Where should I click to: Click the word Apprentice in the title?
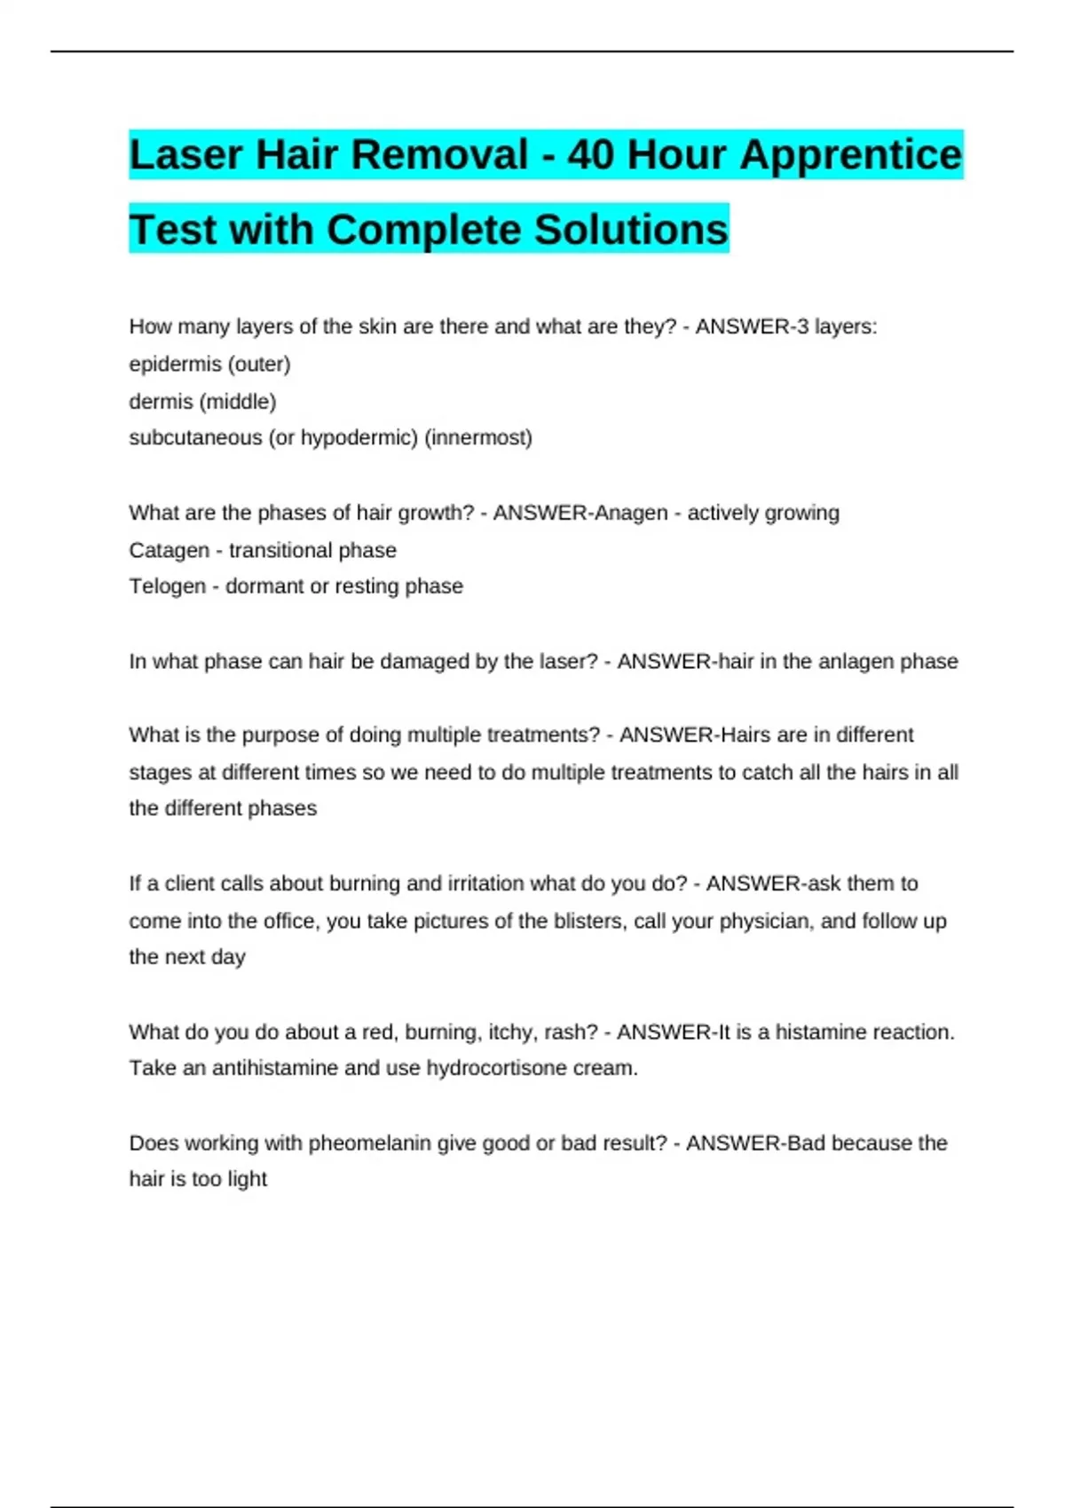[850, 155]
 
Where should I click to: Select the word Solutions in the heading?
[631, 230]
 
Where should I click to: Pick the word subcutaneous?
[195, 438]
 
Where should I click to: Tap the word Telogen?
[167, 586]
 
